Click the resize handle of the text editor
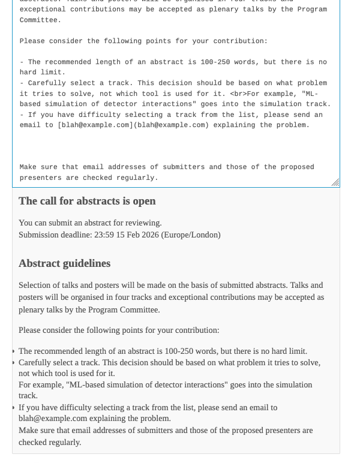(x=335, y=182)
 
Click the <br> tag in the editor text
(x=240, y=94)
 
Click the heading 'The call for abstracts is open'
(x=87, y=201)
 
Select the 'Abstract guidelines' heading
(x=64, y=263)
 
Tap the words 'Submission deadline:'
(x=54, y=234)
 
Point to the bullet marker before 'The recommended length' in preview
(x=13, y=351)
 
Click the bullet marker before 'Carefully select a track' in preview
(x=13, y=363)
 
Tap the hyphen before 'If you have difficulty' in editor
(x=22, y=115)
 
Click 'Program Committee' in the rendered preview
(x=124, y=309)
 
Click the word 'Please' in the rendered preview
(x=31, y=330)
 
